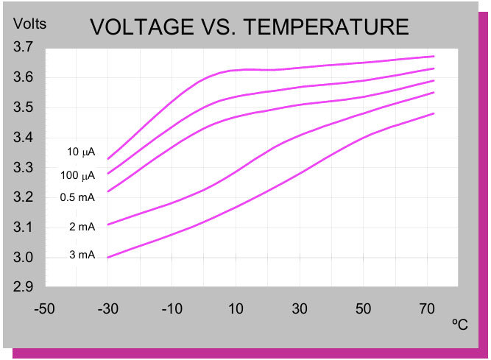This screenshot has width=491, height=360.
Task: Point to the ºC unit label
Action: pos(460,324)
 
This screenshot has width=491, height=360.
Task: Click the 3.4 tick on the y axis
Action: pos(24,138)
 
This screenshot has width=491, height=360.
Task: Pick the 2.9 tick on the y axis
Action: pos(24,287)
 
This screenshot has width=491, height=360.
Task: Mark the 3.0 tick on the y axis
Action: pos(24,258)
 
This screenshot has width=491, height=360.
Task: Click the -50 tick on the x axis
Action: pos(45,307)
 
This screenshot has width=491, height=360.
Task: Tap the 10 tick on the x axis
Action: pos(236,307)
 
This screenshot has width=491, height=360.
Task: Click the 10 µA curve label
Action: pos(81,152)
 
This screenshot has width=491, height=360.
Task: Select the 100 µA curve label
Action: pos(79,175)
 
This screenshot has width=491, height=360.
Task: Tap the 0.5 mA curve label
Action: pos(78,197)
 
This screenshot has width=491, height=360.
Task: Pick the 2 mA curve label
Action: pos(82,227)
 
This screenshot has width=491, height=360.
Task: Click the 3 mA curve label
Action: pos(82,255)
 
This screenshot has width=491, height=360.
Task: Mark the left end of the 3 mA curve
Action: pos(108,258)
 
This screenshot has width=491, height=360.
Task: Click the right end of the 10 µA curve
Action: pos(434,56)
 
